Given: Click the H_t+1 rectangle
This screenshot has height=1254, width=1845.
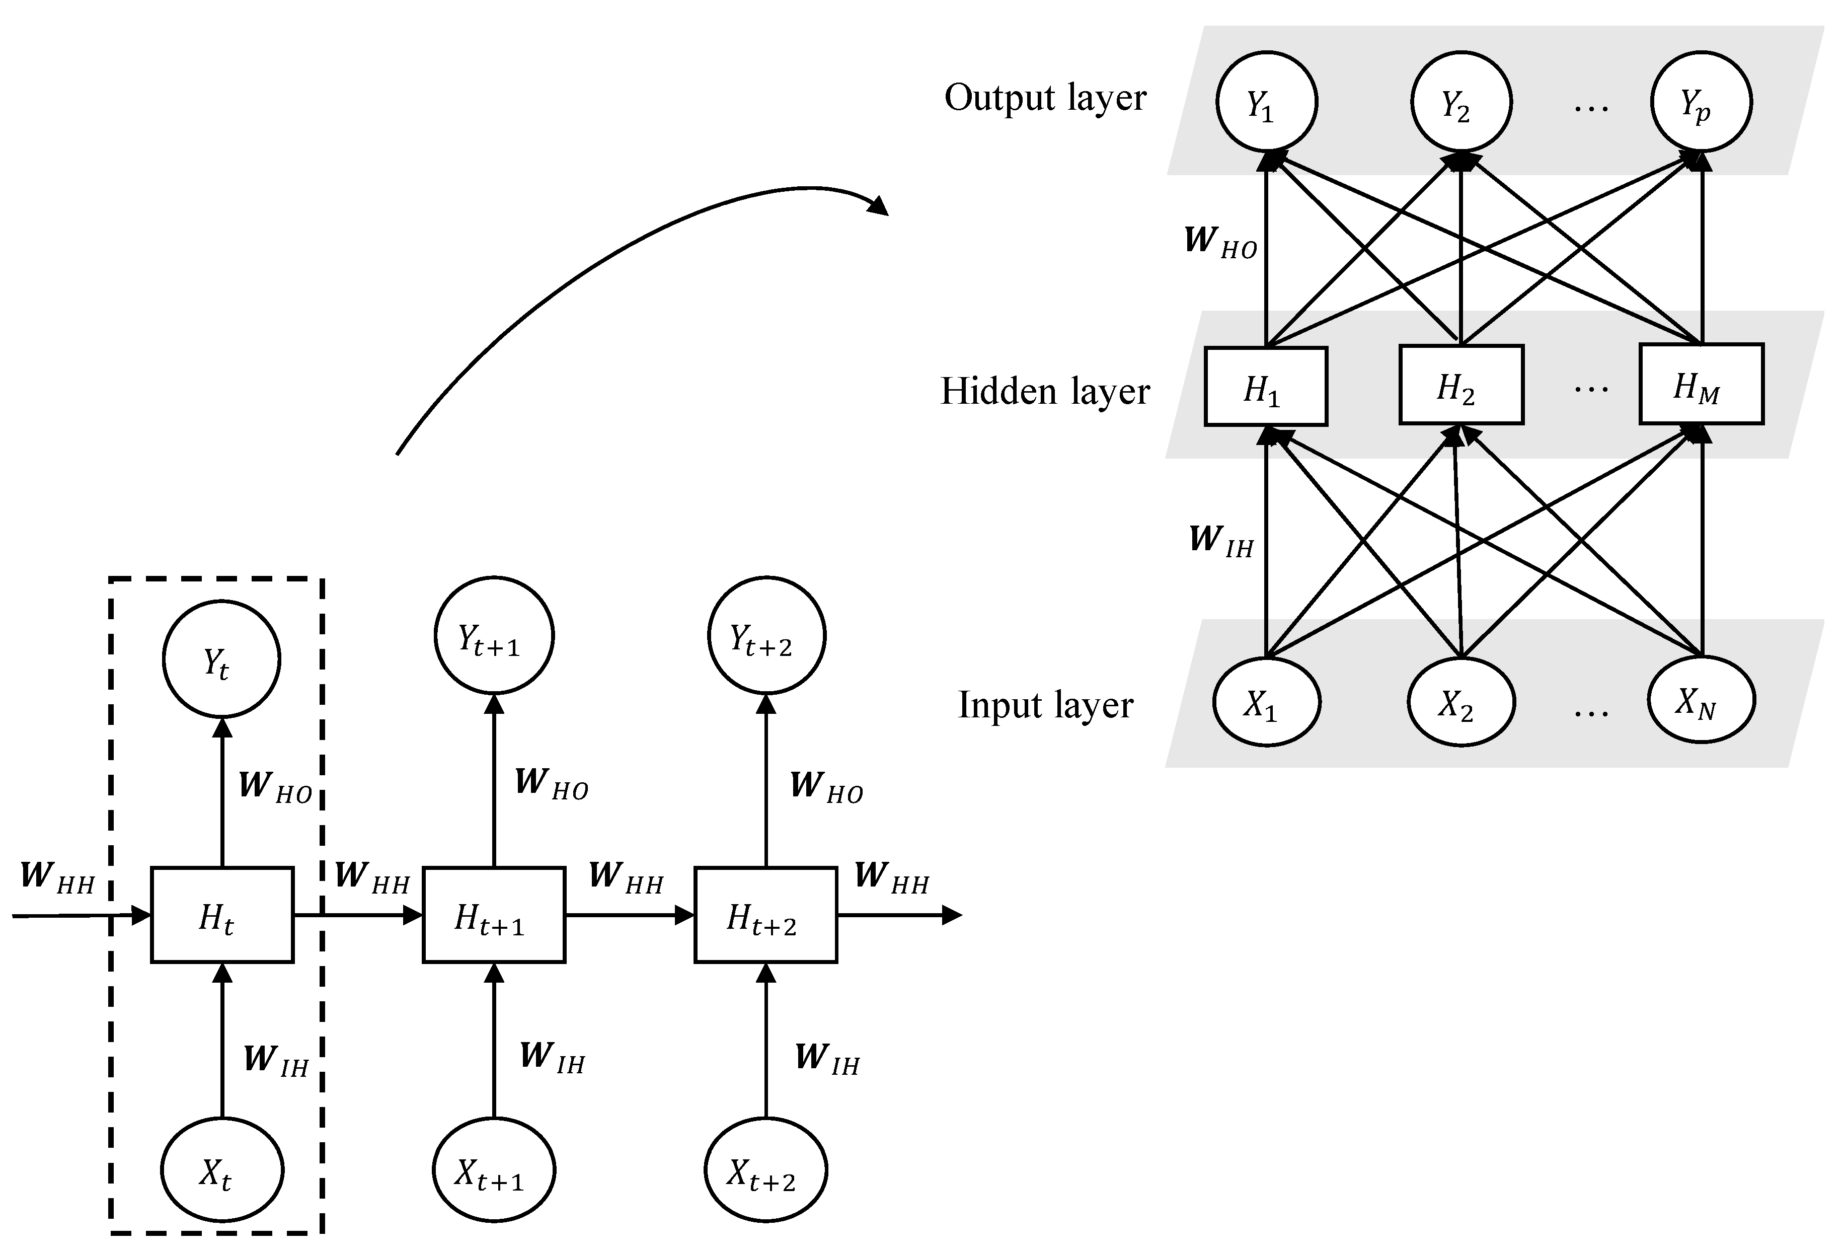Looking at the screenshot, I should coord(494,915).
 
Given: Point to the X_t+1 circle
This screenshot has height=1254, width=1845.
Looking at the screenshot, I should coord(494,1170).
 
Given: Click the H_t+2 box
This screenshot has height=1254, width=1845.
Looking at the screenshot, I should coord(765,915).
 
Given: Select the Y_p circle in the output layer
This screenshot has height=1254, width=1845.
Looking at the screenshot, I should coord(1701,102).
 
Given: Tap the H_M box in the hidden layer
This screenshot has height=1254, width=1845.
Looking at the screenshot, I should coord(1701,385).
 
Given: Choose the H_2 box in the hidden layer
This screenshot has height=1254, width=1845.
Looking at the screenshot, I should coord(1461,385).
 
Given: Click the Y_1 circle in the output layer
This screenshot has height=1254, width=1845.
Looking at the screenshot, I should coord(1266,102).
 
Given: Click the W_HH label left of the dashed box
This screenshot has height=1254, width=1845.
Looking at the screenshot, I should coord(57,877).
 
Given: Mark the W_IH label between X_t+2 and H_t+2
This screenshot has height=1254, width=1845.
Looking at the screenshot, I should coord(827,1059).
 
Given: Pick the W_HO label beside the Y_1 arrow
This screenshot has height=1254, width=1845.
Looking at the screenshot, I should coord(1220,242).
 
